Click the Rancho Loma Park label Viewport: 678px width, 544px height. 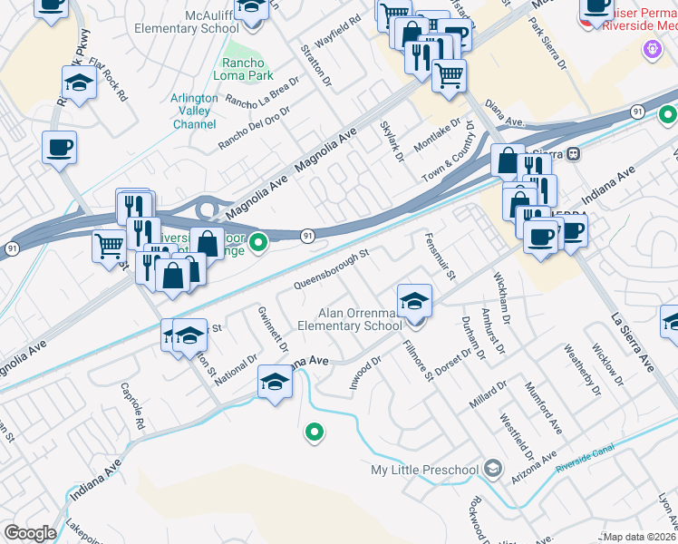point(244,70)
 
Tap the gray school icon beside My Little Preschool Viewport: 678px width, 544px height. point(492,469)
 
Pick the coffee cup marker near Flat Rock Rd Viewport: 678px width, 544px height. point(59,147)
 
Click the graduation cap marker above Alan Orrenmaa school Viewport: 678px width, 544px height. point(414,299)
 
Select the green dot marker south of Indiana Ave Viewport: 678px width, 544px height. point(315,433)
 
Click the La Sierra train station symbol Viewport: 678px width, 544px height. point(573,153)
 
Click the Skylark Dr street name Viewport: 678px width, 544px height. point(392,141)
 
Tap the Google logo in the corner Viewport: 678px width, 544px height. point(30,533)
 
